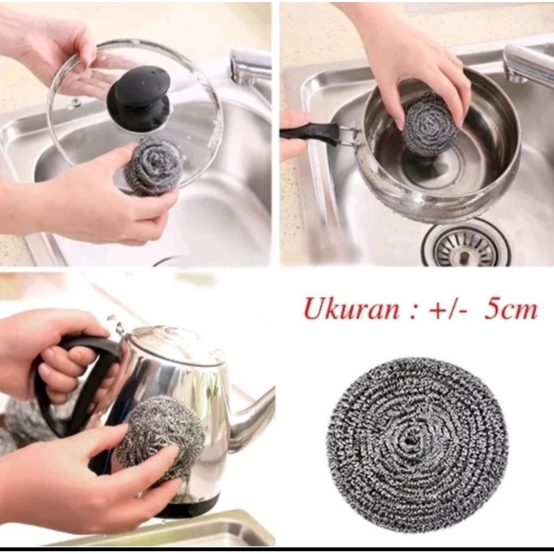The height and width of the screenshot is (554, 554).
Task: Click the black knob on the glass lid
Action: point(138,97)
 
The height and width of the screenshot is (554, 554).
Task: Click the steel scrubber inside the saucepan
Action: point(429,125)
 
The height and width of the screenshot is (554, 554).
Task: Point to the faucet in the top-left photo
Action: point(249,66)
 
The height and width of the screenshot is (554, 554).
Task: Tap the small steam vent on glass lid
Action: point(75,104)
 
